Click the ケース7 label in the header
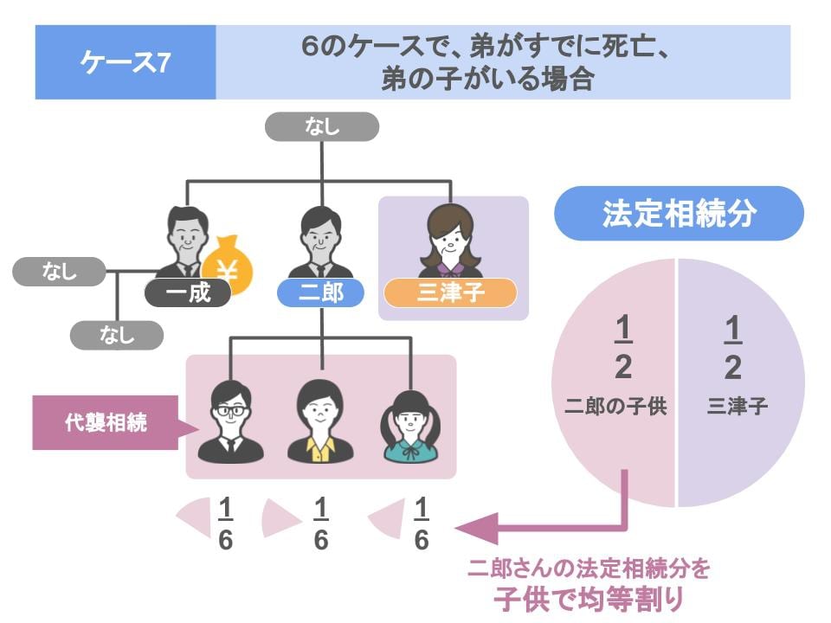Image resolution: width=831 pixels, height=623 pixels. click(125, 62)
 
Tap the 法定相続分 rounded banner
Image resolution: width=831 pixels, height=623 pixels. click(680, 214)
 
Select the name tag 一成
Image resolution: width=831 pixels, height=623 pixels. click(188, 293)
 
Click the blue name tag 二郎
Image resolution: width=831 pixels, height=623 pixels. click(321, 293)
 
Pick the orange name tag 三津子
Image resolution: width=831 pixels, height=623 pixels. click(450, 293)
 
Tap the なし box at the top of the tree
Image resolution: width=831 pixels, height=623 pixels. click(322, 127)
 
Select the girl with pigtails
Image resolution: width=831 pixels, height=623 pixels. click(411, 421)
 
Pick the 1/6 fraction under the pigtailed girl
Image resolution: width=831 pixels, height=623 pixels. click(421, 523)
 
